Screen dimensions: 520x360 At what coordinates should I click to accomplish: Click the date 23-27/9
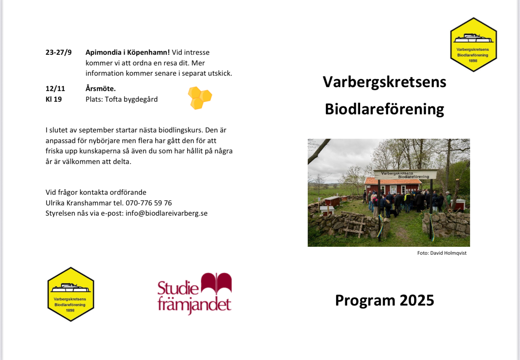tap(58, 52)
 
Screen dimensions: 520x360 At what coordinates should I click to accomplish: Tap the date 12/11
tap(55, 89)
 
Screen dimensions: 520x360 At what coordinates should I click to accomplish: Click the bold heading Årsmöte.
tap(100, 88)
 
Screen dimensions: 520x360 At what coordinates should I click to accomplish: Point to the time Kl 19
tap(54, 99)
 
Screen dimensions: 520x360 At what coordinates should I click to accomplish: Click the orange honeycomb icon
tap(200, 98)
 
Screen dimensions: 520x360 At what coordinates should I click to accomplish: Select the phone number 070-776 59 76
tap(149, 203)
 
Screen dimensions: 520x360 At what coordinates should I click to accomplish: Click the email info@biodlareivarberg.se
tap(167, 213)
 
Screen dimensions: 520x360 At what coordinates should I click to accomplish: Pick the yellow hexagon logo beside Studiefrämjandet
tap(71, 294)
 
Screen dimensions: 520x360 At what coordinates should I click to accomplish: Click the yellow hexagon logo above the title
tap(474, 45)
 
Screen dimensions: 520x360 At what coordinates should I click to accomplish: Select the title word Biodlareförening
tap(384, 109)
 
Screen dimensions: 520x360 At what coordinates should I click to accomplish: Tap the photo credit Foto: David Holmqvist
tap(442, 253)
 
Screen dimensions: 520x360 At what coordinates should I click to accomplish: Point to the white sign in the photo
tap(405, 175)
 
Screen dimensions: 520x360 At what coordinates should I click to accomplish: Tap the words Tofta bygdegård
tap(131, 99)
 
